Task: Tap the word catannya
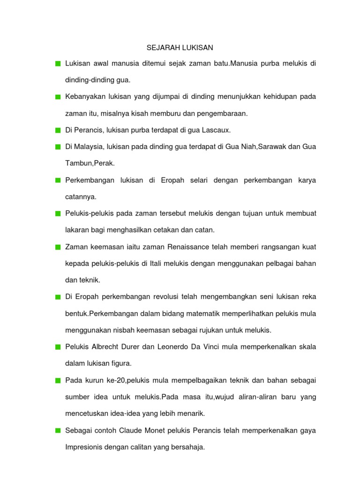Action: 81,197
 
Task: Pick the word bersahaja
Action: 189,447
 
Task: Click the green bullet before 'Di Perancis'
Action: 57,130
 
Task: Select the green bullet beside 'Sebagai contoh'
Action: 57,430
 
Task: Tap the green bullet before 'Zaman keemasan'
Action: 57,247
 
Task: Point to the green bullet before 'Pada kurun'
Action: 57,380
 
